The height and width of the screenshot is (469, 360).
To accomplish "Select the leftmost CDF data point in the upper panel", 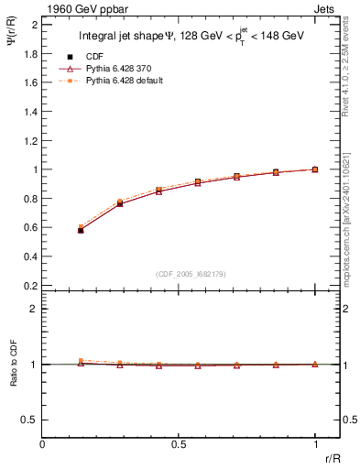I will tap(81, 231).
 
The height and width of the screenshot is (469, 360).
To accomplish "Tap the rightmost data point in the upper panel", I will tap(315, 169).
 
